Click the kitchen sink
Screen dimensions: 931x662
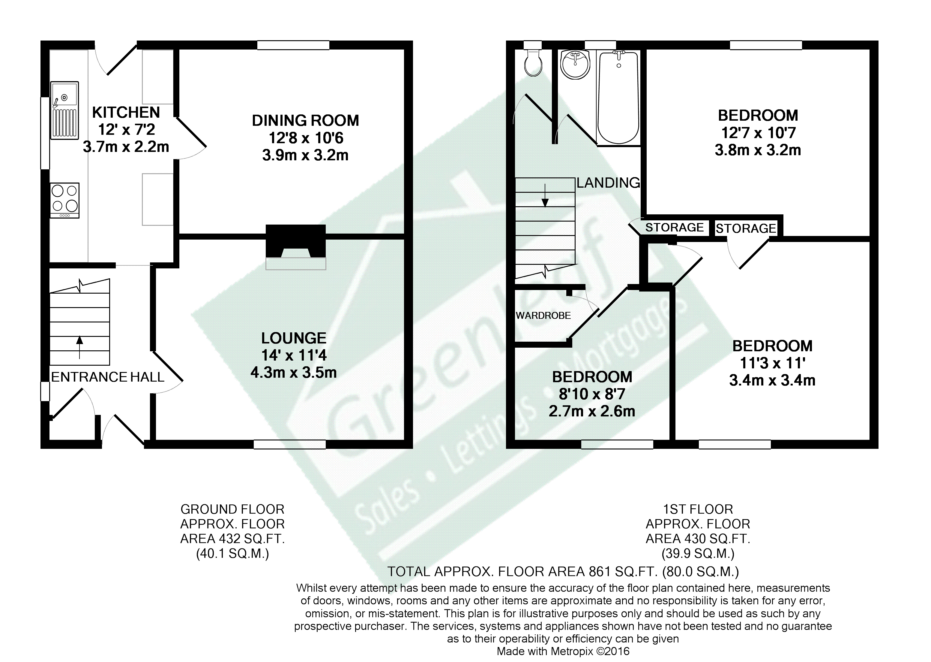pos(64,110)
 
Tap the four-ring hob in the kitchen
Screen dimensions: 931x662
pos(65,200)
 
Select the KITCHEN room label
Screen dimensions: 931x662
pos(126,112)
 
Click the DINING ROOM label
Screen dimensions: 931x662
pos(305,121)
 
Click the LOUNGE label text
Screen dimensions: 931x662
pos(294,338)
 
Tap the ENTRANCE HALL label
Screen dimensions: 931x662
pos(107,377)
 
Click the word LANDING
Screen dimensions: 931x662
pos(608,183)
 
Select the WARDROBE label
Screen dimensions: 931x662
pos(543,316)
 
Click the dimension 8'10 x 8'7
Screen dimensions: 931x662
pos(592,394)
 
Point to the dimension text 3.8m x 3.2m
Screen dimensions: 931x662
pos(758,150)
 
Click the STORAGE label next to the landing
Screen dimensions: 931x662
pos(675,228)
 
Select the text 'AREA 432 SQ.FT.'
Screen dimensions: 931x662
pos(232,539)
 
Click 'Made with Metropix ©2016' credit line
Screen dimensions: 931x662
pos(563,651)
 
